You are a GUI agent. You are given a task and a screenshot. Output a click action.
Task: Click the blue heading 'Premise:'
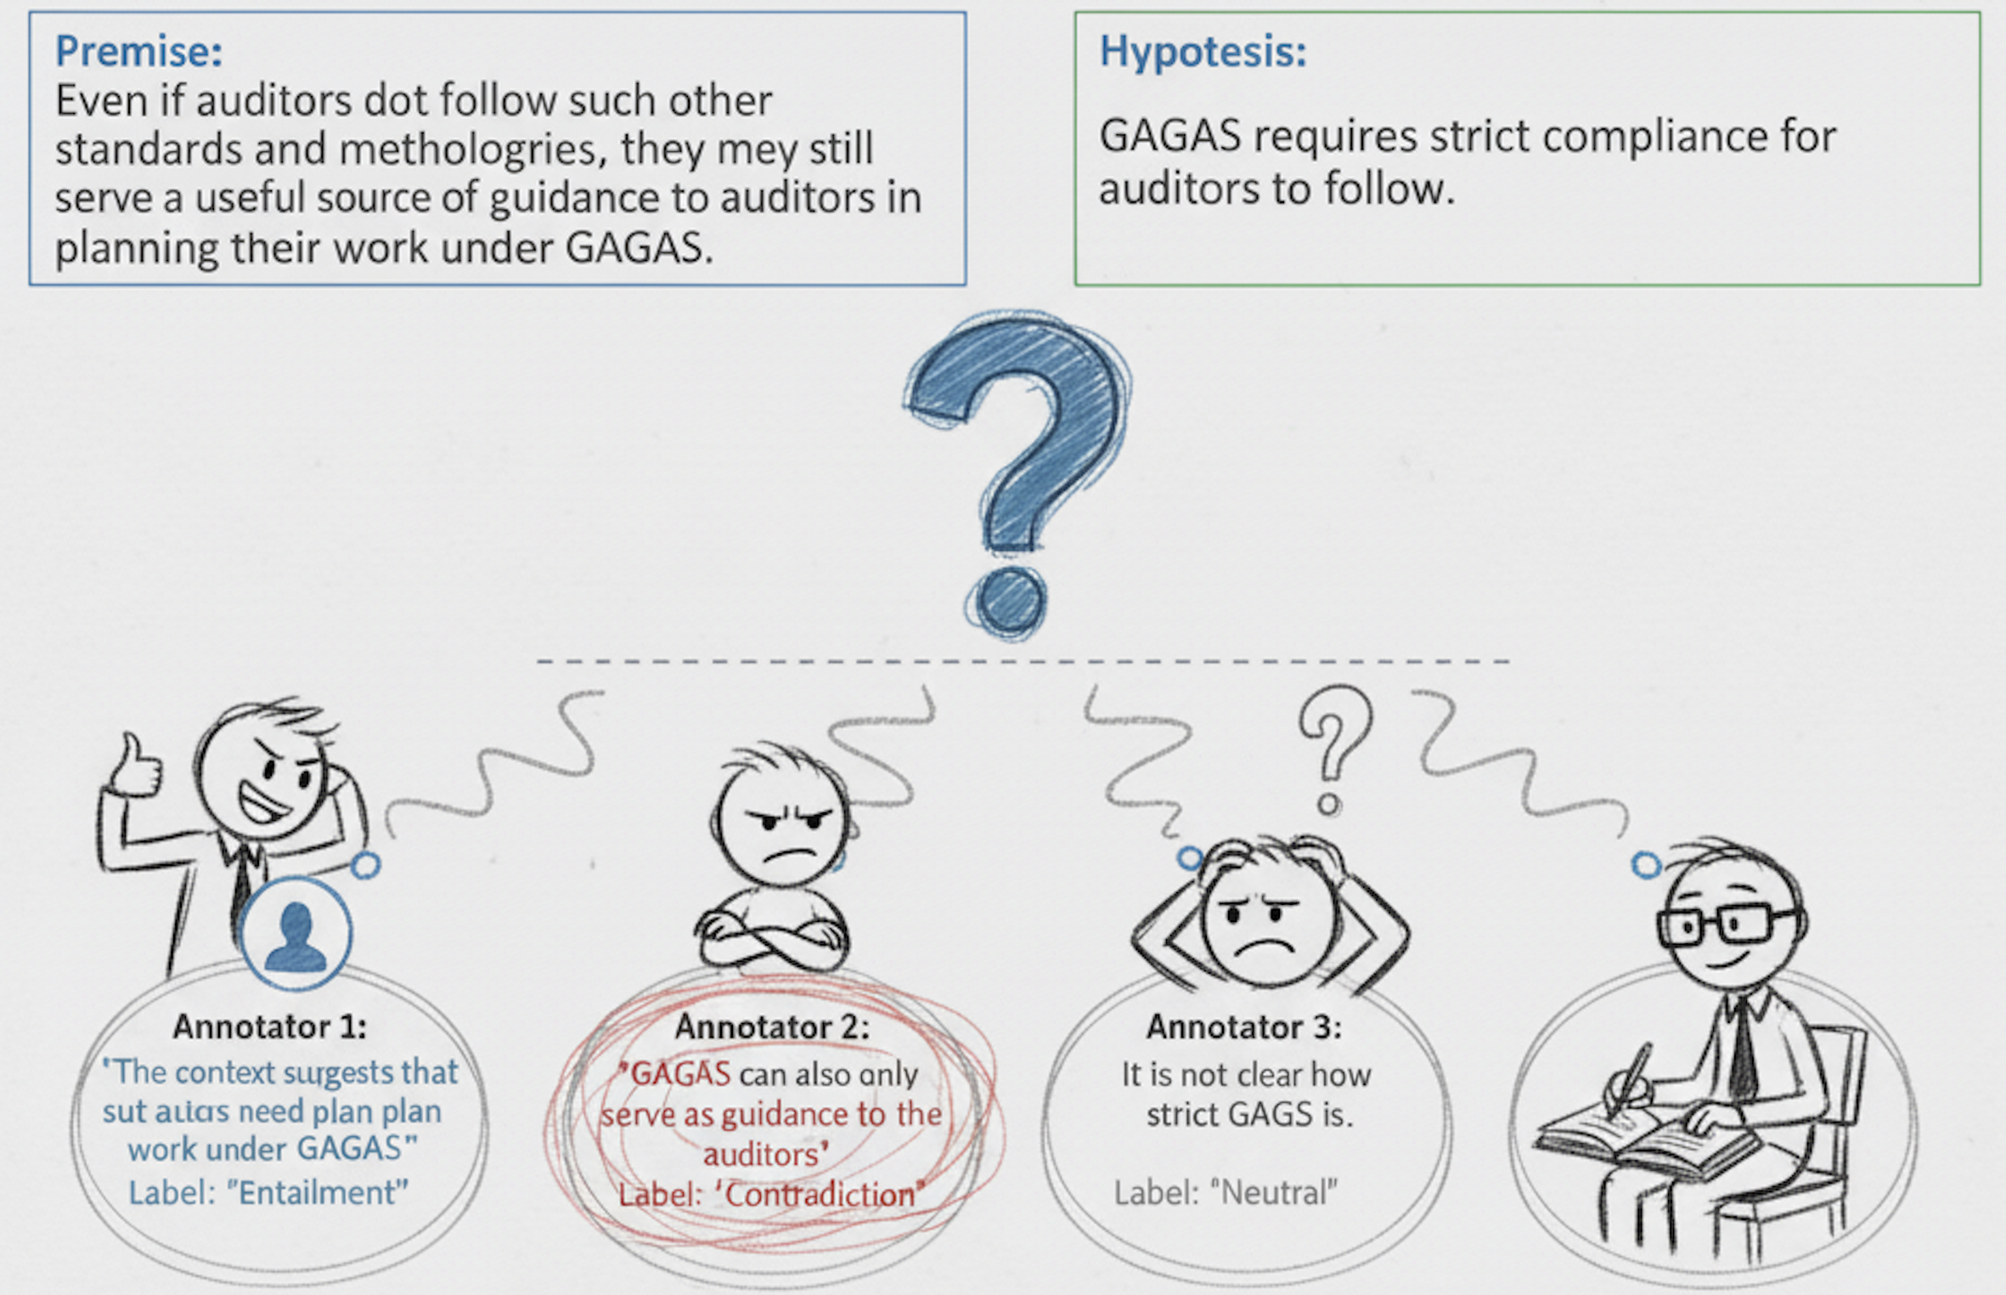click(138, 51)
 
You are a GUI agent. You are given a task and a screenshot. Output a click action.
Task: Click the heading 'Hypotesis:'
click(1203, 51)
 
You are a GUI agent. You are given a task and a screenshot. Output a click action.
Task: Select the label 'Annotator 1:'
click(270, 1026)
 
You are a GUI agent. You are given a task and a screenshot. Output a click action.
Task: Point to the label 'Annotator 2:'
click(772, 1026)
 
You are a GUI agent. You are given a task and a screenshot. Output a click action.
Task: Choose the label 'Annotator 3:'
click(1244, 1026)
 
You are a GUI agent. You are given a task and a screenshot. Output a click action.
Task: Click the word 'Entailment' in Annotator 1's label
click(317, 1192)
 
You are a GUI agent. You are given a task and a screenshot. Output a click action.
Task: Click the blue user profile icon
click(296, 934)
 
